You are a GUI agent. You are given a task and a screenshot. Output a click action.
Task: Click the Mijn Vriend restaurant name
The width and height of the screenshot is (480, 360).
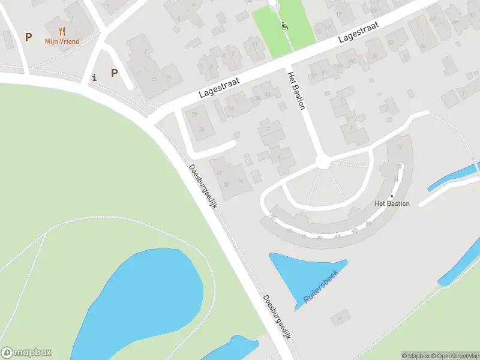click(62, 41)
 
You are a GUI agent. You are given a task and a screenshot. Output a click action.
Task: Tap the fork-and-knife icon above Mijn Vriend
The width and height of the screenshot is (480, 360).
click(62, 31)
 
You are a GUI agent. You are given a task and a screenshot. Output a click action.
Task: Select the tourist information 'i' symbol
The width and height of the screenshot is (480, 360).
click(94, 77)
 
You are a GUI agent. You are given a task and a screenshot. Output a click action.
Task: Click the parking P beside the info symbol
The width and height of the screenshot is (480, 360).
click(114, 73)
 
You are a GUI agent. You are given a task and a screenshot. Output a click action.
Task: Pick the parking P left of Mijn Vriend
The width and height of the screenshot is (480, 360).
click(28, 37)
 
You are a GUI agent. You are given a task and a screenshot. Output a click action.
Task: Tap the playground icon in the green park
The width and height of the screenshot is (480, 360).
click(284, 25)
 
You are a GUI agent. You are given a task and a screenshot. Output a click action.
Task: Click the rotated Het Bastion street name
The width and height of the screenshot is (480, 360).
click(296, 91)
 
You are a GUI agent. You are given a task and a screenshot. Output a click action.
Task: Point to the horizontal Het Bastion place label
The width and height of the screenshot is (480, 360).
click(392, 203)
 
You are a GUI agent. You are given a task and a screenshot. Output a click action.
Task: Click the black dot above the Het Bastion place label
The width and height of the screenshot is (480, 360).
click(392, 196)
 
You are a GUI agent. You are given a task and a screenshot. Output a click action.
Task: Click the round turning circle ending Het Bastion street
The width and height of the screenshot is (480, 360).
click(322, 161)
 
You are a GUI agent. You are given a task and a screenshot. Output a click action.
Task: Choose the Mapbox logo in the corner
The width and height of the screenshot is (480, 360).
click(26, 352)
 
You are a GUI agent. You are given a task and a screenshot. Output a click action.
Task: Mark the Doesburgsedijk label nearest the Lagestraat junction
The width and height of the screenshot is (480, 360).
click(203, 186)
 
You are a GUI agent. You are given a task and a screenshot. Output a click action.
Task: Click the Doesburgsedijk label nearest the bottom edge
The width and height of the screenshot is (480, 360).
click(277, 318)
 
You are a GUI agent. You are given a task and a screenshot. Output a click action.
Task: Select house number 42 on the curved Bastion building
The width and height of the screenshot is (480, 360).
click(355, 230)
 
